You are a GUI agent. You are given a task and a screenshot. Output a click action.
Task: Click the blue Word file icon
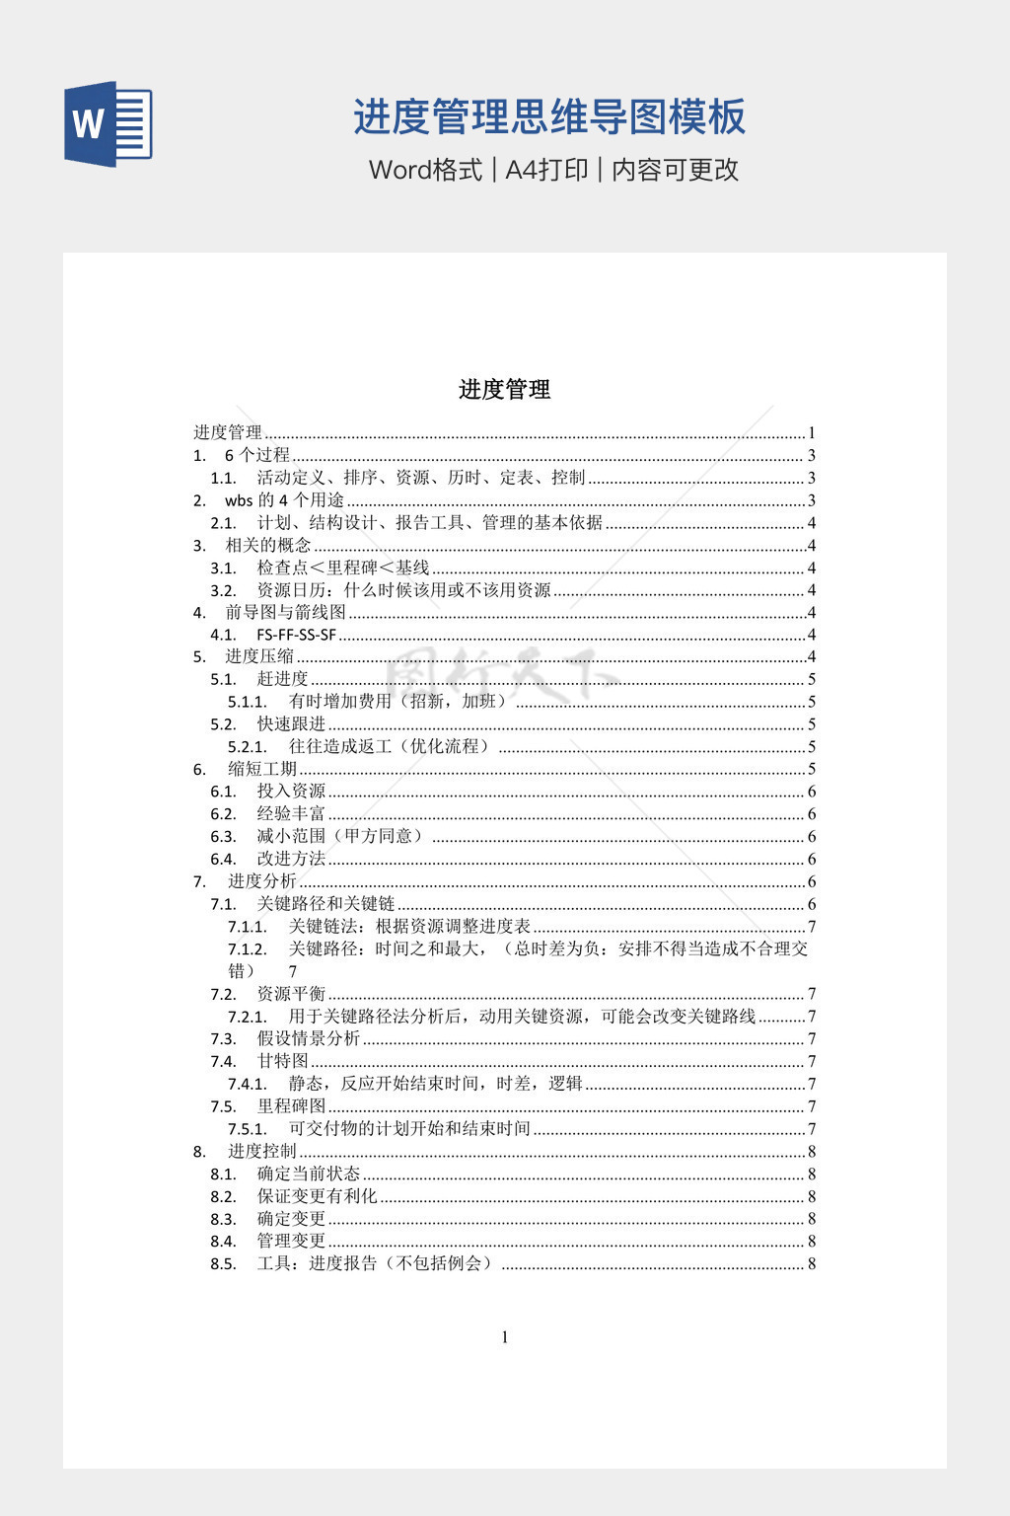click(108, 123)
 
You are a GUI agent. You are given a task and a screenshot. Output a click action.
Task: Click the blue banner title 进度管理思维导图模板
click(549, 117)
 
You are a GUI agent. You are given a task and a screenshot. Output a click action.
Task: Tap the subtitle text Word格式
click(425, 170)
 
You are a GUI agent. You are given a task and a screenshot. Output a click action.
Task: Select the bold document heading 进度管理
click(504, 390)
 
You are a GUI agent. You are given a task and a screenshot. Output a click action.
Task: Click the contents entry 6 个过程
click(257, 455)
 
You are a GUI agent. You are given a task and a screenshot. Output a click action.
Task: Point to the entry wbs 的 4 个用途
click(284, 500)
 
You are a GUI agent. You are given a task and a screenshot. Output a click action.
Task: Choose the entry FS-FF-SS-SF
click(296, 635)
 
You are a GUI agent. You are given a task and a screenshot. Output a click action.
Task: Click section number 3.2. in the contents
click(224, 590)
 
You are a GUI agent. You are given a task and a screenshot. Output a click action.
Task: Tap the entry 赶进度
click(283, 679)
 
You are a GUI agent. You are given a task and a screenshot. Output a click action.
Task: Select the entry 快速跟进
click(291, 724)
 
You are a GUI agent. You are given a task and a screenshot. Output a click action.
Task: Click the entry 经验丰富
click(291, 814)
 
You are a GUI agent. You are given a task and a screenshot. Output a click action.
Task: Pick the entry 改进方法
click(291, 859)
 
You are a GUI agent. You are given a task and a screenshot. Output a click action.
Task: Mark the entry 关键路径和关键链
click(325, 904)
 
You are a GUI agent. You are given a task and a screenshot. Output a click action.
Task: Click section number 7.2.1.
click(248, 1017)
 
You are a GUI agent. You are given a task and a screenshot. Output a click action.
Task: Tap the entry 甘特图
click(283, 1061)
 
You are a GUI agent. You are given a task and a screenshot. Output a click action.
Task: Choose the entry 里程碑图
click(291, 1106)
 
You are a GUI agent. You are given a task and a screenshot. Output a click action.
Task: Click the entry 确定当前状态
click(309, 1174)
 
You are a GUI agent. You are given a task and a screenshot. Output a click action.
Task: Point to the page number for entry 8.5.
click(812, 1263)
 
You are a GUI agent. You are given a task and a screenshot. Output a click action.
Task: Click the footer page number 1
click(505, 1337)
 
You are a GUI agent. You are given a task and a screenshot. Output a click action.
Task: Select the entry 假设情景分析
click(309, 1038)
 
